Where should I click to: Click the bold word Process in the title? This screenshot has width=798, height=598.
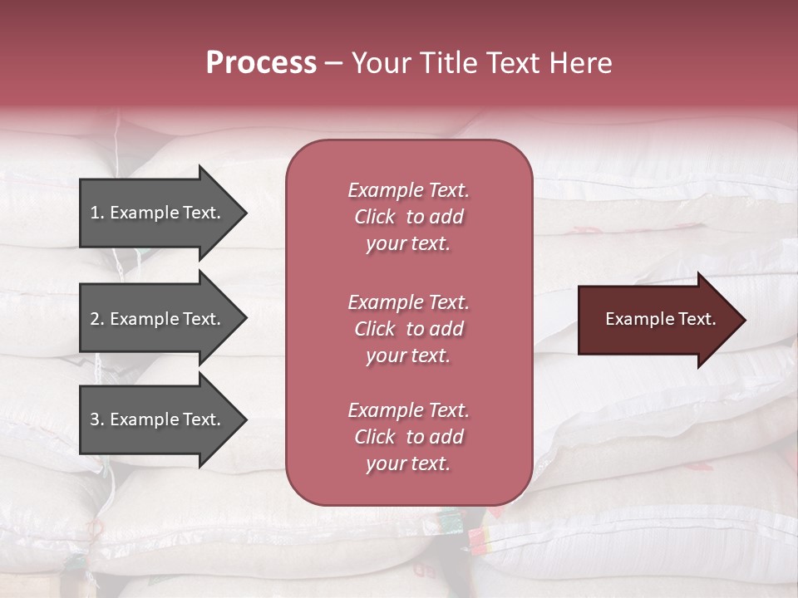[x=261, y=63]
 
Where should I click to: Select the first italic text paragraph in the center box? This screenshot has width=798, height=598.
[x=408, y=217]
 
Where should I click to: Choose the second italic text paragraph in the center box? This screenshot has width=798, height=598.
[x=408, y=329]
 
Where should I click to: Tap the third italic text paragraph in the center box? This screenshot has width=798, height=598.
[x=408, y=437]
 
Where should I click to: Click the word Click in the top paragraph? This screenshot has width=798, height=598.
[x=375, y=217]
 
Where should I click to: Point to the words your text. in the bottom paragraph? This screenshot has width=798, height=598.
[x=408, y=464]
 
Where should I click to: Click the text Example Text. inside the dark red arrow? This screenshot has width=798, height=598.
[x=661, y=319]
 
